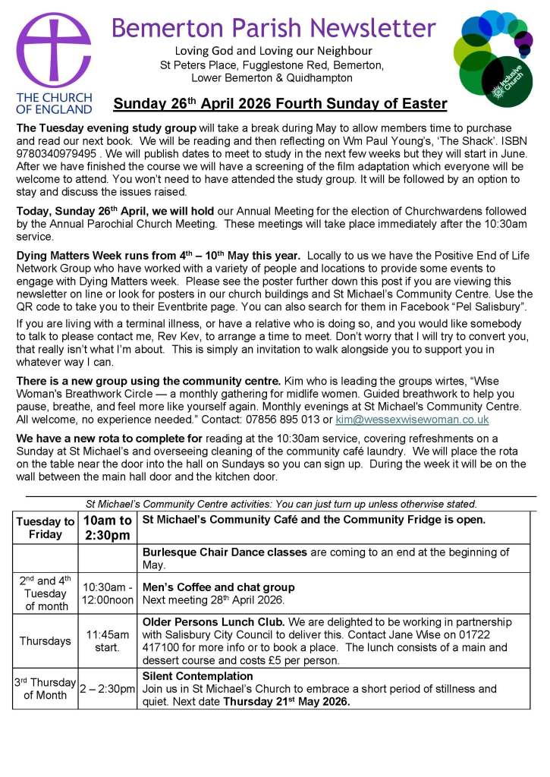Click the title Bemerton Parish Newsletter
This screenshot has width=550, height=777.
coord(273,28)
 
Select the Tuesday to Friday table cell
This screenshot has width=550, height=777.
coord(45,528)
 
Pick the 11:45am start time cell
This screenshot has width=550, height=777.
coord(106,640)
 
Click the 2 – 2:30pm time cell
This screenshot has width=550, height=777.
coord(107,688)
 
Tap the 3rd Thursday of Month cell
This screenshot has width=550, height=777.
coord(45,688)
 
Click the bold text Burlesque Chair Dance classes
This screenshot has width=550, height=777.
coord(225,552)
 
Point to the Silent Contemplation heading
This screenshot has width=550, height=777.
coord(197,675)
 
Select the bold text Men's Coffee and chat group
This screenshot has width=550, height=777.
coord(218,587)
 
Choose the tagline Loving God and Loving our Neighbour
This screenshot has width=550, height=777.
coord(272,51)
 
